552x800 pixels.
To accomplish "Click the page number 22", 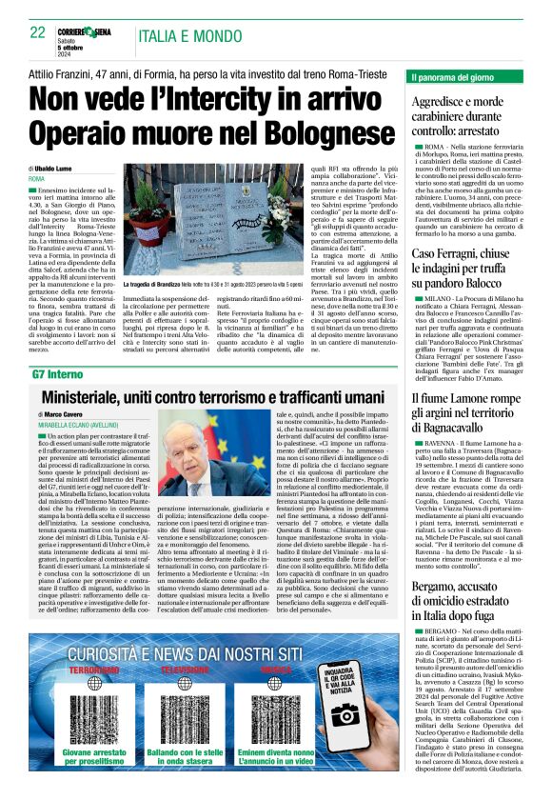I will click(x=38, y=33).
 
